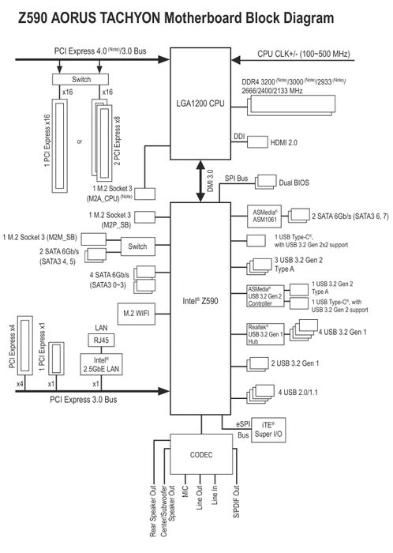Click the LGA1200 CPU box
pos(200,103)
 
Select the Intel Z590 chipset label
pos(200,301)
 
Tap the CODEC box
pos(201,454)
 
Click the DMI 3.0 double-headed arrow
pos(200,181)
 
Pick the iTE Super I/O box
pos(268,430)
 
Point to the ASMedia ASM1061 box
pos(264,216)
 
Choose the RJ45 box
pos(101,340)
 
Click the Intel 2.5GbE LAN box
pos(102,364)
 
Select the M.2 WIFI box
pos(136,313)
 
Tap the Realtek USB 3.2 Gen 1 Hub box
pos(265,334)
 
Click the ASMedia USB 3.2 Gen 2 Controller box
pos(265,296)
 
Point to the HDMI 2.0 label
pos(284,142)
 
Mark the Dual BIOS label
pos(294,182)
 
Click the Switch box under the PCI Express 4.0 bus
pos(80,79)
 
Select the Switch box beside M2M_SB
pos(137,246)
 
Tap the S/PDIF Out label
pos(237,501)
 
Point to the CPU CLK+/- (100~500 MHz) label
pos(304,54)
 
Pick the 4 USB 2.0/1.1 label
pos(298,392)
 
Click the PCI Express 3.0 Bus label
pos(84,400)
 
